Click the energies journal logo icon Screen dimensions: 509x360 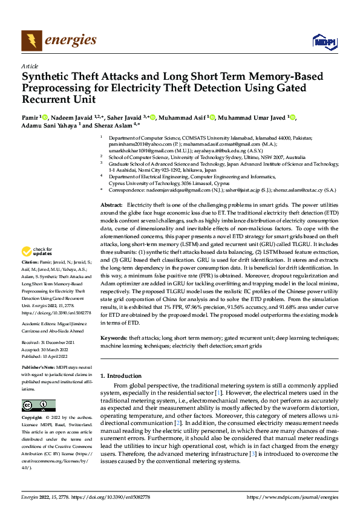pos(31,41)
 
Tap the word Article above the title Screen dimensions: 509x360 pos(29,66)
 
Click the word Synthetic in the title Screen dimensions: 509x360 pos(47,77)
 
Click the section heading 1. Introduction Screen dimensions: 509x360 pos(124,375)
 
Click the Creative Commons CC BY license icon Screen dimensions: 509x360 pos(38,405)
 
